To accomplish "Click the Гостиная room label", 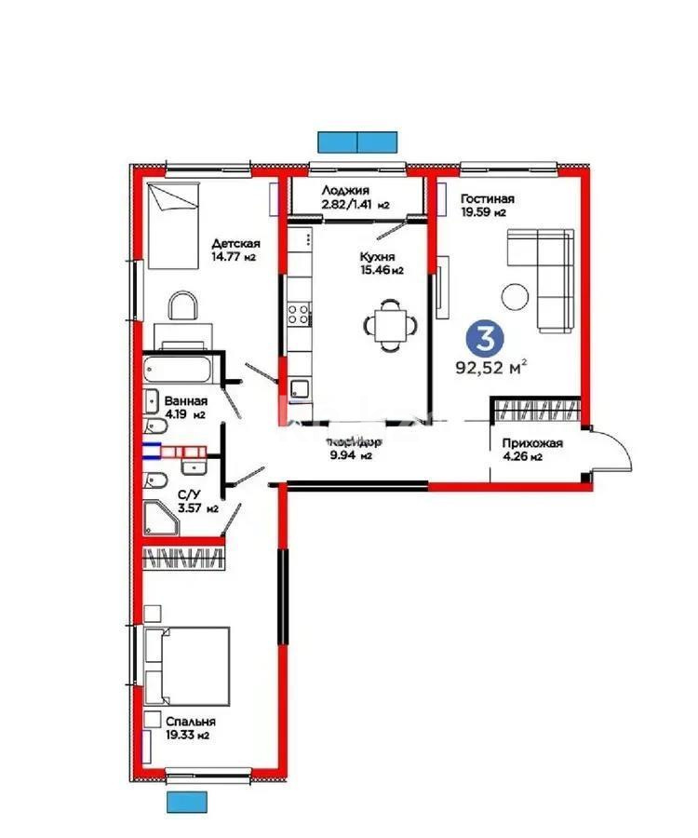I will tap(487, 199).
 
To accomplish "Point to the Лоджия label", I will tap(343, 190).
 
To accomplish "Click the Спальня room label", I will tap(190, 722).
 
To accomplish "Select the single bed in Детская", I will tap(174, 224).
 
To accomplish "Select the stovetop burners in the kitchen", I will tap(298, 315).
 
